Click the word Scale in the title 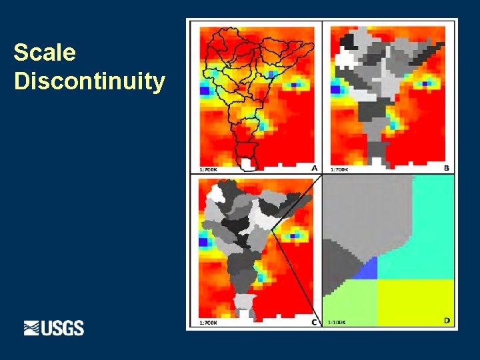[45, 53]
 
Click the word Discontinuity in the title [89, 81]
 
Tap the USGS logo [54, 328]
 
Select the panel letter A [314, 168]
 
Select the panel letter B [446, 168]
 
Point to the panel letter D [446, 321]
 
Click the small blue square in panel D [367, 269]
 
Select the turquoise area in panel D [420, 227]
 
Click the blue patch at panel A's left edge [204, 89]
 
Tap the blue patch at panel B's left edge [335, 89]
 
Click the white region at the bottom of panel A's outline [247, 163]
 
